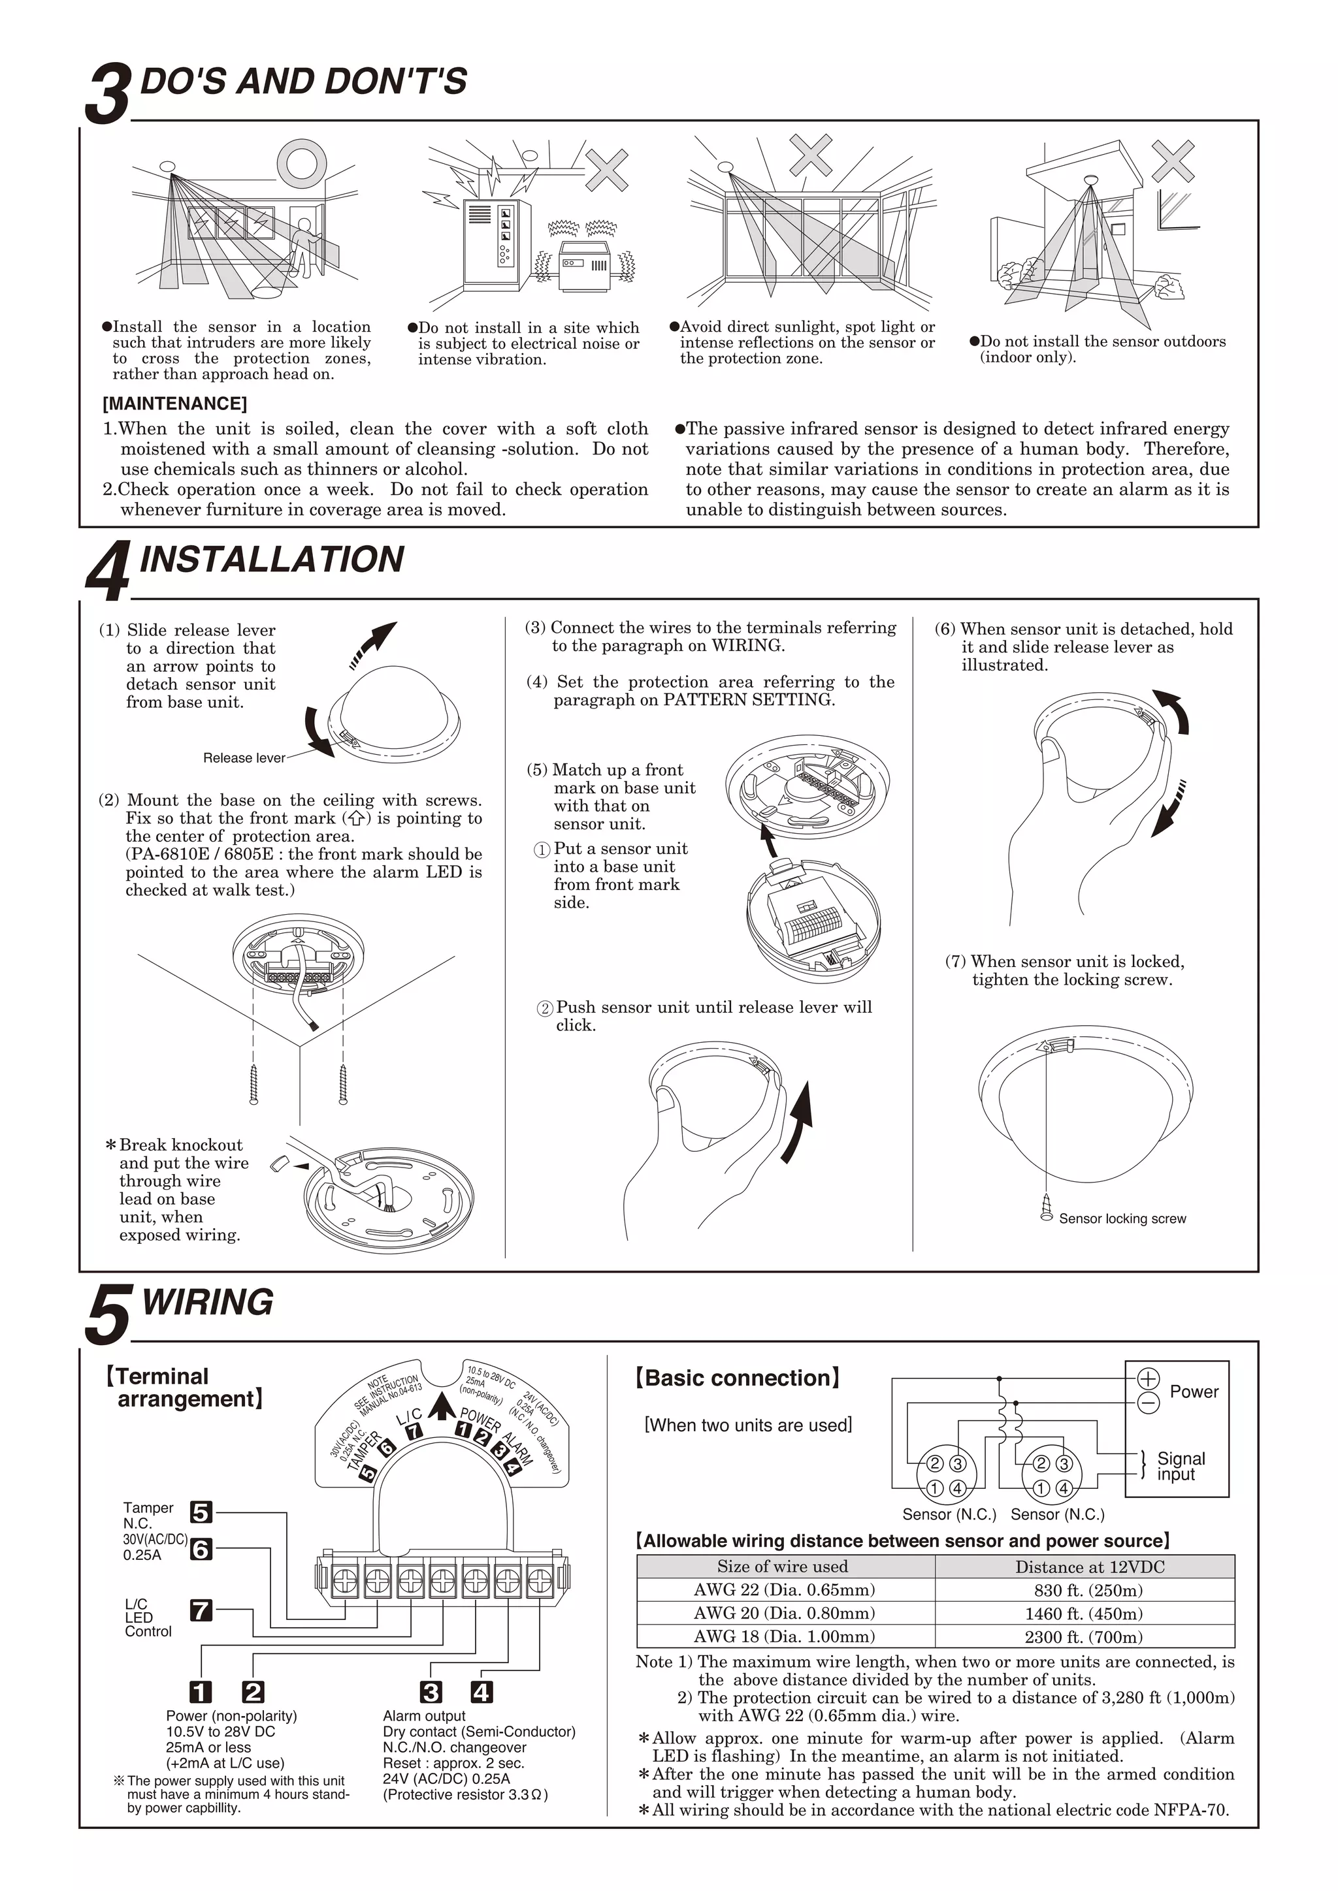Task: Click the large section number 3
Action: pyautogui.click(x=108, y=95)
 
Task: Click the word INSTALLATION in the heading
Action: pyautogui.click(x=272, y=559)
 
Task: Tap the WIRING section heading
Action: pyautogui.click(x=208, y=1302)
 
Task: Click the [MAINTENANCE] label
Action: pyautogui.click(x=174, y=404)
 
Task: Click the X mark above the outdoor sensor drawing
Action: pyautogui.click(x=1173, y=161)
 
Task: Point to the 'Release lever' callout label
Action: pyautogui.click(x=244, y=757)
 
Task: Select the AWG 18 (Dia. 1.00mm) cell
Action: pyautogui.click(x=785, y=1636)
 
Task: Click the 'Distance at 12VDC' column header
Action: pyautogui.click(x=1089, y=1566)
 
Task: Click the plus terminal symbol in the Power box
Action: pyautogui.click(x=1148, y=1378)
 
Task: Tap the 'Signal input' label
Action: pyautogui.click(x=1180, y=1466)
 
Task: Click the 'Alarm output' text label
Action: pyautogui.click(x=423, y=1715)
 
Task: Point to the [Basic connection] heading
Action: pyautogui.click(x=738, y=1378)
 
